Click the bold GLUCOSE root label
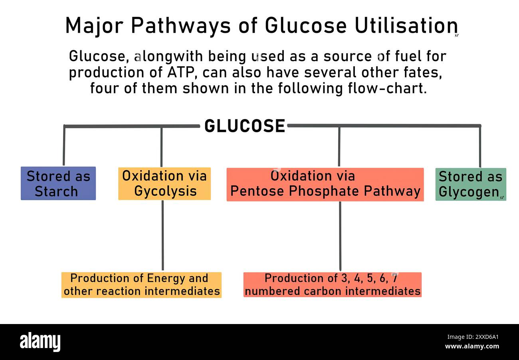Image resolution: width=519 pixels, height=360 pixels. point(244,126)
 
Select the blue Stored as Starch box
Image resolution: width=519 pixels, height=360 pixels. point(58,183)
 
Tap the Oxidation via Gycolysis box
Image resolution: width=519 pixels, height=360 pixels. point(164,183)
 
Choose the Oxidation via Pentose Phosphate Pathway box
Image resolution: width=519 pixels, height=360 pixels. point(325,184)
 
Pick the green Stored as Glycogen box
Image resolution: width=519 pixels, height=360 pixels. point(470,184)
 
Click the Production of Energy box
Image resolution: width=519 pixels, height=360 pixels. point(141,285)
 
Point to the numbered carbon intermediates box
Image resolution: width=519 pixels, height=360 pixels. point(332,285)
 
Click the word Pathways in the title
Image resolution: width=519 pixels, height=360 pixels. point(181,26)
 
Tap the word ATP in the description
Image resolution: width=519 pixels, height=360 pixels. point(184,72)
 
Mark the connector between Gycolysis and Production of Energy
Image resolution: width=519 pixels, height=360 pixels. point(162,236)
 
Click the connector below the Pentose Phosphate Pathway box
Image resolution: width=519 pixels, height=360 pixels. point(340,236)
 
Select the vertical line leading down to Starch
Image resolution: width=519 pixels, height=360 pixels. point(64,146)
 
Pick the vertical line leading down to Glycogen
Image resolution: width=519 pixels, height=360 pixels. point(480,147)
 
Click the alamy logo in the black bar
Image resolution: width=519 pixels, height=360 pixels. point(40,342)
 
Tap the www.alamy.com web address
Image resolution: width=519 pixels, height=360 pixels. point(472,346)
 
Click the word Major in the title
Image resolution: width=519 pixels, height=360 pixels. point(94,26)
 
